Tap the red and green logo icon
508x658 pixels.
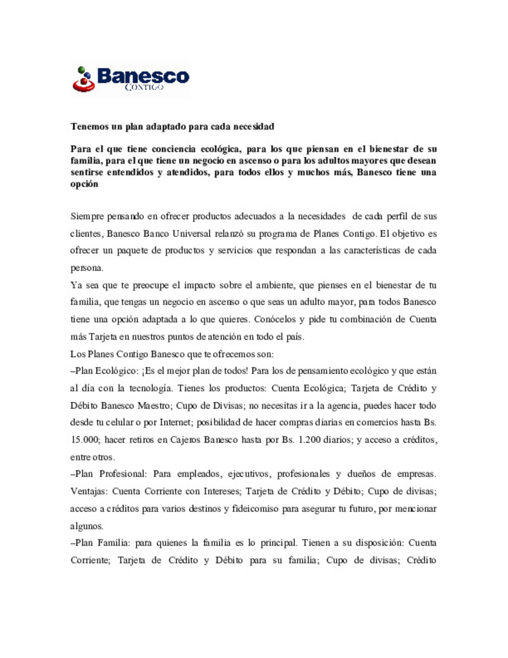[x=84, y=79]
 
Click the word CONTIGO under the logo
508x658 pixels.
[x=144, y=87]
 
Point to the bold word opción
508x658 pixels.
[x=84, y=184]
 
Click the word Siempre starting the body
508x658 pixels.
[x=87, y=217]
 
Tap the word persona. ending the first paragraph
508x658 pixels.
[x=87, y=268]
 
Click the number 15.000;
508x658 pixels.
[x=85, y=440]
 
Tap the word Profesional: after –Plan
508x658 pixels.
[x=123, y=473]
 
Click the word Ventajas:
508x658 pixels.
[x=89, y=491]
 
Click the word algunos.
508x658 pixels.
[x=87, y=526]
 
